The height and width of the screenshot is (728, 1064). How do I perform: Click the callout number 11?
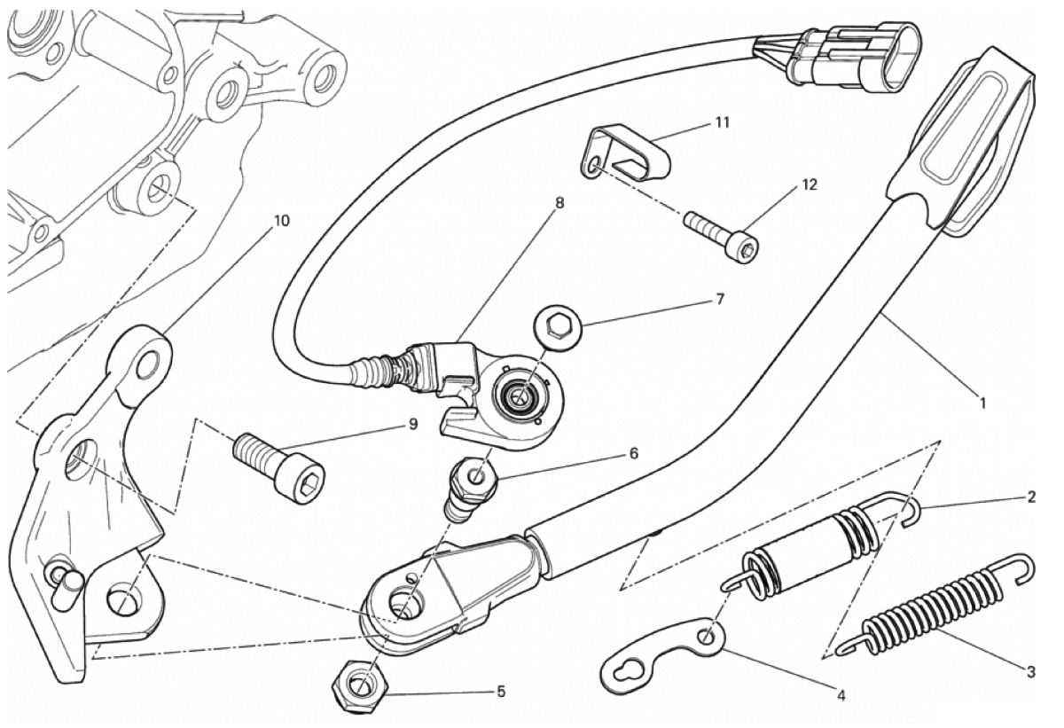pos(722,123)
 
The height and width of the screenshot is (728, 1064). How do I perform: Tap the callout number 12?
pos(810,184)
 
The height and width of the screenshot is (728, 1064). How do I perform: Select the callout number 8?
pos(559,203)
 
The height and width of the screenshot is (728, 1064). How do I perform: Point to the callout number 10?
pos(281,221)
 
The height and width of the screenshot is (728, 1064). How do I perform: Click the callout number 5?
pos(501,692)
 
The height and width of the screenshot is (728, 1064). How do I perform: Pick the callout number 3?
pos(1030,672)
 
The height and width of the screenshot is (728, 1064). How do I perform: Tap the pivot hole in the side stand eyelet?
pos(407,603)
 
